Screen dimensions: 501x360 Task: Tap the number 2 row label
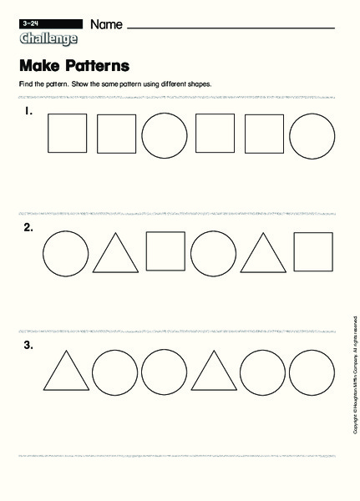pos(28,227)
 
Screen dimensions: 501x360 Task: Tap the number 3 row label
pos(28,345)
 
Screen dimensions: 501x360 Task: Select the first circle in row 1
pos(165,134)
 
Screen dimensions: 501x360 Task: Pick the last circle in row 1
pos(312,134)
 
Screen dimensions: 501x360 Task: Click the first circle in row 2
pos(65,252)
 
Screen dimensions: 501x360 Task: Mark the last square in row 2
pos(312,251)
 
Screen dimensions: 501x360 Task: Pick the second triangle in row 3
pos(214,372)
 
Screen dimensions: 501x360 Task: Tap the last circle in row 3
pos(312,371)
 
